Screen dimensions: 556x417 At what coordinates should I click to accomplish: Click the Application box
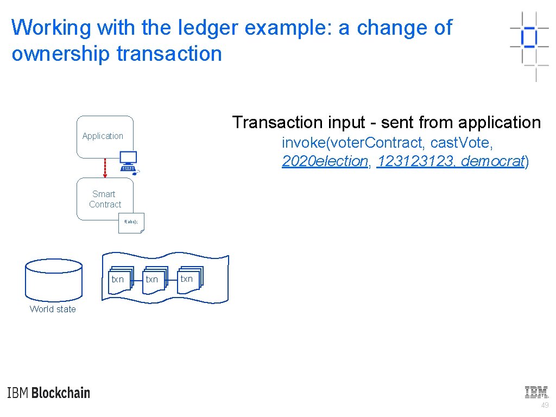(104, 136)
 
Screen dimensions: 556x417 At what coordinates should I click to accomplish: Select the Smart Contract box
(104, 199)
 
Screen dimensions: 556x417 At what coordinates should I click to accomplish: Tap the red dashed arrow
(105, 168)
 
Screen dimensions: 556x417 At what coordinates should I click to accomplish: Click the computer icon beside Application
(129, 161)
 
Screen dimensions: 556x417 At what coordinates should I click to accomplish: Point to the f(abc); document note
(131, 223)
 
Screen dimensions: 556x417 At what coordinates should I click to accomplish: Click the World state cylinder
(54, 279)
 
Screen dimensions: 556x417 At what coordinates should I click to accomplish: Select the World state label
(53, 309)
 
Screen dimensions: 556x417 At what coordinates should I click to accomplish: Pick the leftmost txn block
(119, 280)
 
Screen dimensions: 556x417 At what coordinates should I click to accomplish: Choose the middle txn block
(153, 280)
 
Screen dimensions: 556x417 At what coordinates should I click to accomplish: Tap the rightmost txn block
(188, 279)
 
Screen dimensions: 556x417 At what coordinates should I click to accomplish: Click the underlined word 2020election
(325, 161)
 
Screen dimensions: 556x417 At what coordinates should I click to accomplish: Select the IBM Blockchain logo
(49, 393)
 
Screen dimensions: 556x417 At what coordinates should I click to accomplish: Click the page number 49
(545, 406)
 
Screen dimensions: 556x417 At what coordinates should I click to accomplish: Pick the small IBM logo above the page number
(536, 392)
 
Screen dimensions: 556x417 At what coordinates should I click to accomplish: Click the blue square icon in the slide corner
(529, 37)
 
